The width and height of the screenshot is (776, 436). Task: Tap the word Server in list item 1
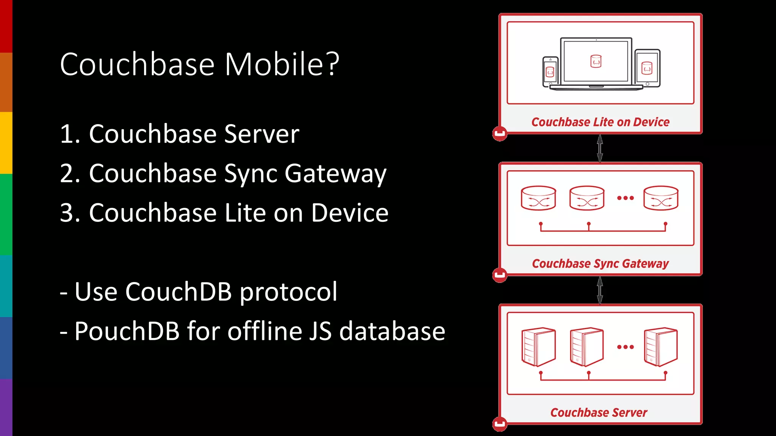pos(261,134)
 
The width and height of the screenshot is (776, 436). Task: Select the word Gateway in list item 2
pos(335,174)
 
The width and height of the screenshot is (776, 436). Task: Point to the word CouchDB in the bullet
pos(178,292)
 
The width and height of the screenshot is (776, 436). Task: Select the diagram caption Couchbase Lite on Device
pos(600,122)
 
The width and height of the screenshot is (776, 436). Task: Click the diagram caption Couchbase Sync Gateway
pos(600,263)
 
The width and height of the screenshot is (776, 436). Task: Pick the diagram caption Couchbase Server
pos(599,412)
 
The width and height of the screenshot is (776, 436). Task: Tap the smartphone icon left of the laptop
pos(550,72)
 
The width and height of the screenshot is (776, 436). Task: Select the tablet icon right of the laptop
pos(647,68)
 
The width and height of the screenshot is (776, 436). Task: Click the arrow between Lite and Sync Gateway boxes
pos(600,148)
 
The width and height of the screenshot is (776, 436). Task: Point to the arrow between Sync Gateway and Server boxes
pos(600,290)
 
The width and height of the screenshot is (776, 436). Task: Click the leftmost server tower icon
pos(538,347)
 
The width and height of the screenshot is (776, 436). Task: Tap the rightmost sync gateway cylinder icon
pos(661,198)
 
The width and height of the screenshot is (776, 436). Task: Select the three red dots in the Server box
pos(625,347)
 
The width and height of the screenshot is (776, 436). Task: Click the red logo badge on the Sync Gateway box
pos(500,275)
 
